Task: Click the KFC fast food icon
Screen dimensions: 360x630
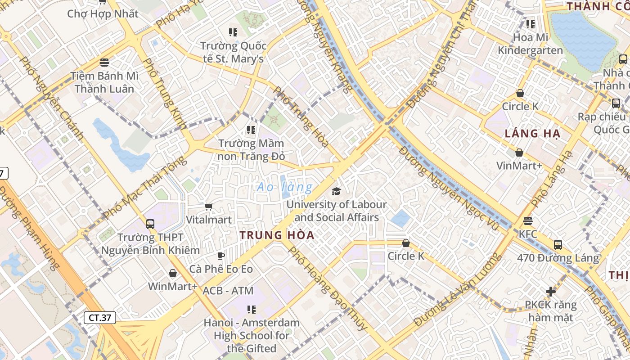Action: point(528,221)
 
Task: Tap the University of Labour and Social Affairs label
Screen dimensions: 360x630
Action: point(337,211)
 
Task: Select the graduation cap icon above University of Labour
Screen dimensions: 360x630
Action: point(336,192)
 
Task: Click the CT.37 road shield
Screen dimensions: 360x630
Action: point(100,317)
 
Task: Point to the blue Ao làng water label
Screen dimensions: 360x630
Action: point(284,187)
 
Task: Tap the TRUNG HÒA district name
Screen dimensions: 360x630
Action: point(277,235)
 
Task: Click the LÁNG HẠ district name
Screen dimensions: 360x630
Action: point(532,133)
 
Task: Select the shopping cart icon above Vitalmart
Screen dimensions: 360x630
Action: point(208,207)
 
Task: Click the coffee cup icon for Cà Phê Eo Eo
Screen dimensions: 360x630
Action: point(220,256)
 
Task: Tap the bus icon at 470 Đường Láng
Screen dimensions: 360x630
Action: point(558,244)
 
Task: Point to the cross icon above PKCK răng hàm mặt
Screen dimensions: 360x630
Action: point(550,292)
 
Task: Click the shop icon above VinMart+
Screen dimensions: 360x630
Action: point(519,153)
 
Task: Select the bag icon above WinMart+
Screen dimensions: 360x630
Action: point(172,273)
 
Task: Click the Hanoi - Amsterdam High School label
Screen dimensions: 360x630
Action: point(252,335)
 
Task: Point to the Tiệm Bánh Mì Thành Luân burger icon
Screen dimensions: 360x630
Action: point(104,62)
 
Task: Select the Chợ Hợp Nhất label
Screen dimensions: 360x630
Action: point(103,13)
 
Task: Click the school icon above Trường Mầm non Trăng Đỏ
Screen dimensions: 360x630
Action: point(251,130)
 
